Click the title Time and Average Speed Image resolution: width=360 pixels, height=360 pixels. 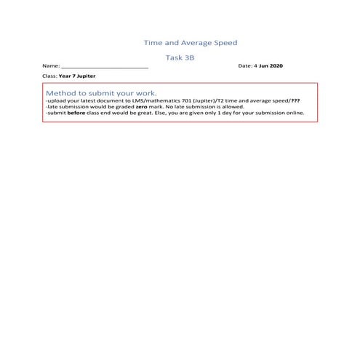(191, 43)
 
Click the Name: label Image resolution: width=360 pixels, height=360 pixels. (51, 66)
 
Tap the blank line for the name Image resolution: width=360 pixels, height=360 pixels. (105, 67)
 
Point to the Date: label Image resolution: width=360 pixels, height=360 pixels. (245, 66)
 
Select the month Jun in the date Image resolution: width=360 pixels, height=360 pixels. (264, 66)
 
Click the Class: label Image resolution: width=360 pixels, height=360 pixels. (51, 76)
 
